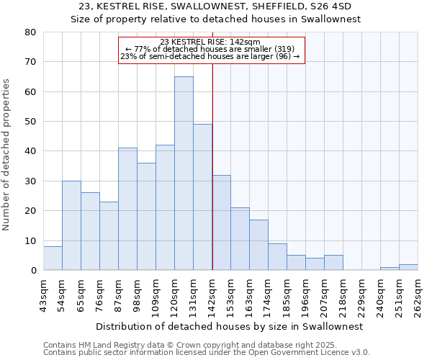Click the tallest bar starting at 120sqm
(x=184, y=173)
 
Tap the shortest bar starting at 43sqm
(x=53, y=258)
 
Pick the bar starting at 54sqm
(x=71, y=225)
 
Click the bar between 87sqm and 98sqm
(x=127, y=209)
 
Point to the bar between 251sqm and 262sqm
(x=408, y=267)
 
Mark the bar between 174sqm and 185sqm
(x=277, y=256)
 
